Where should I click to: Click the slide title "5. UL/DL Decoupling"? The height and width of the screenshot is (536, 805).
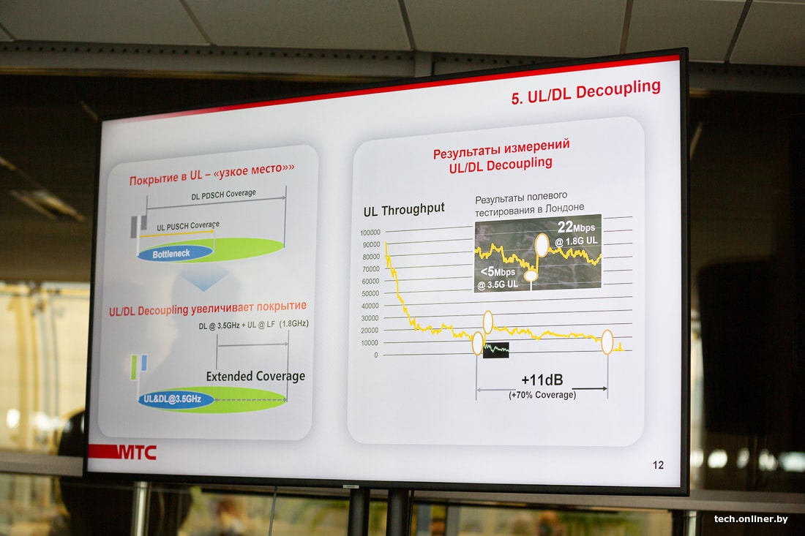585,92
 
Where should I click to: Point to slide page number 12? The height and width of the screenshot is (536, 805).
658,465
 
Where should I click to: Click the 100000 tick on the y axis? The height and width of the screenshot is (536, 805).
370,233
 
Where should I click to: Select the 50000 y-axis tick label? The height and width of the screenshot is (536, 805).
370,293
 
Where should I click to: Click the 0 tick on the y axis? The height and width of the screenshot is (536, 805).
376,355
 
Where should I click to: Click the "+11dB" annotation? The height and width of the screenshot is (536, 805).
542,380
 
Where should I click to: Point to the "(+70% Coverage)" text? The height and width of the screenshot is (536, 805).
542,395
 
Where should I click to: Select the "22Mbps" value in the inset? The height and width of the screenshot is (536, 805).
576,227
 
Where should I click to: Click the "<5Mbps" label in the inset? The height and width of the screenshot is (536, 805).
498,272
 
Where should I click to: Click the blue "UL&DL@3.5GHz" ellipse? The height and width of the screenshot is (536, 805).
176,399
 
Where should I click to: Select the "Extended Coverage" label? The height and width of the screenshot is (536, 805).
255,377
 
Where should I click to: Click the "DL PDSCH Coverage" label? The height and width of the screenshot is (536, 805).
223,195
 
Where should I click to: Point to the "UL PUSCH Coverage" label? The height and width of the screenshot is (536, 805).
188,226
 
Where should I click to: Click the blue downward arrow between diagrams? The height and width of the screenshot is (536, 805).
204,282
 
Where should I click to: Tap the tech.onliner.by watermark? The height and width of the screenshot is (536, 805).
751,519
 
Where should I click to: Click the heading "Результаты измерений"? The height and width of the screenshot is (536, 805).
501,148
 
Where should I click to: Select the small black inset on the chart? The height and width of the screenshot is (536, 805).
496,350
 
